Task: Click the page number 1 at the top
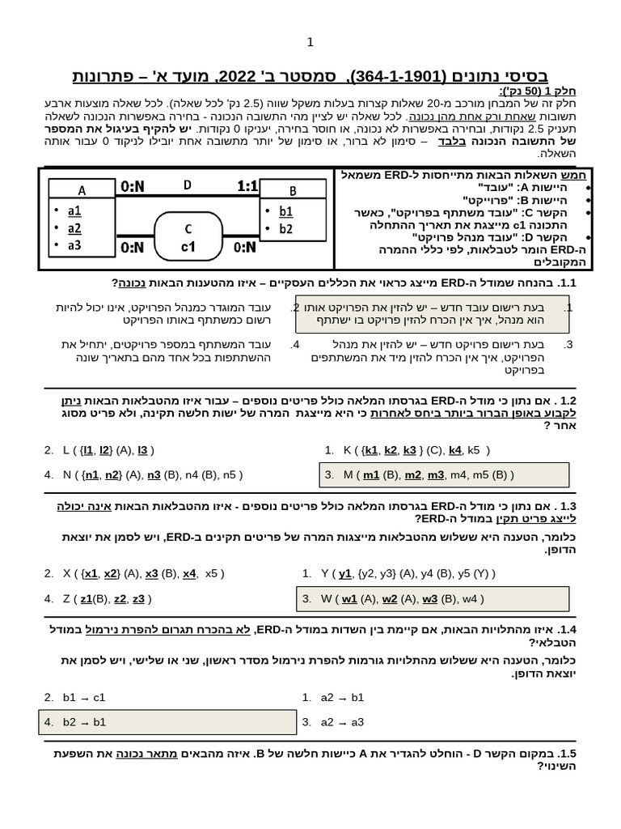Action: click(x=310, y=42)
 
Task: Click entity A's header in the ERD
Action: click(x=82, y=190)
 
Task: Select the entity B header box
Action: click(x=293, y=191)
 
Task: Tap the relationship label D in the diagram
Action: click(x=188, y=185)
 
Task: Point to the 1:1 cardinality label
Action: click(x=247, y=186)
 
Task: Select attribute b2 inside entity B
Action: click(x=285, y=228)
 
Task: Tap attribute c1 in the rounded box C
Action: click(x=188, y=246)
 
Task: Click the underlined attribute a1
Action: click(x=74, y=210)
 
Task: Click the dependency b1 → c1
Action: click(x=84, y=697)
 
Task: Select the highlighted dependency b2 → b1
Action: click(x=84, y=721)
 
